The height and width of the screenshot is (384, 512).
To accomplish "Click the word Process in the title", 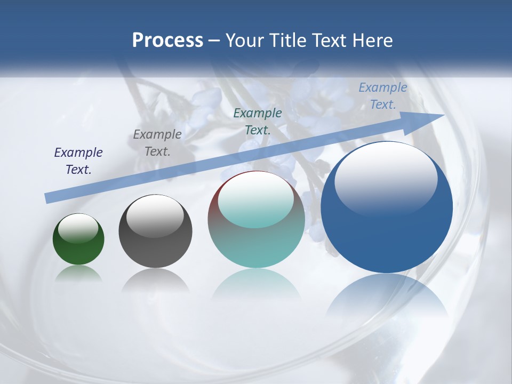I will point(167,41).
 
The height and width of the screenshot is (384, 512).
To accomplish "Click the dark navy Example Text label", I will point(78,161).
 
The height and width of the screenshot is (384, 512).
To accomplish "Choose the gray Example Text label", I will point(157,143).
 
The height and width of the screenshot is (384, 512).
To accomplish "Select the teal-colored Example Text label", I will point(258,121).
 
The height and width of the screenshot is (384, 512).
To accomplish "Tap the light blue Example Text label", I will point(383,96).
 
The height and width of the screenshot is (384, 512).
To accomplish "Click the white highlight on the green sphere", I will point(78,228).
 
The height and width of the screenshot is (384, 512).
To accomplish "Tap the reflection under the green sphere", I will point(78,273).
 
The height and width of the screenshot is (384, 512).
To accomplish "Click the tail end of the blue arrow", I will point(49,198).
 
